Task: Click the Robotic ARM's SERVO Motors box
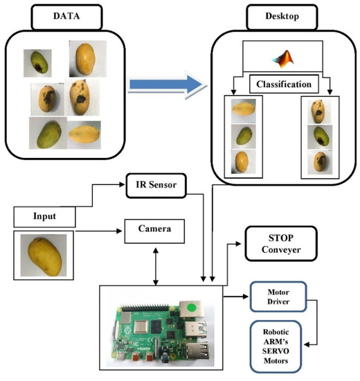coord(276,342)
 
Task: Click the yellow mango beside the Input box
coord(44,256)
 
